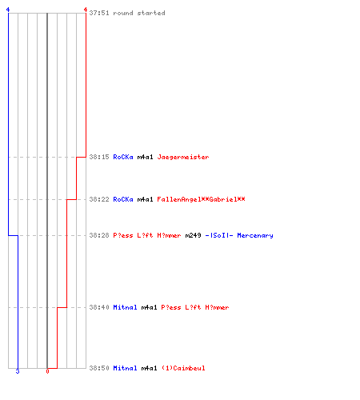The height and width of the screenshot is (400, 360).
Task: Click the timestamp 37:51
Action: pos(99,13)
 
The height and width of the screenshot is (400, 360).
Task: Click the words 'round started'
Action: pos(139,13)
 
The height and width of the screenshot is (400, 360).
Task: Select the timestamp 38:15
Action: pos(99,157)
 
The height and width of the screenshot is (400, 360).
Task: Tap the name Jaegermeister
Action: pos(183,157)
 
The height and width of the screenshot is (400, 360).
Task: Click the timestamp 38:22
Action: pos(99,199)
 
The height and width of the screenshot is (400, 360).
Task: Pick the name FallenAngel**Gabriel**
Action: pos(201,199)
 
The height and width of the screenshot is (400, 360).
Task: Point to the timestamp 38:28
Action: pos(99,235)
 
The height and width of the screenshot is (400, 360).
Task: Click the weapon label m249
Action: pos(193,235)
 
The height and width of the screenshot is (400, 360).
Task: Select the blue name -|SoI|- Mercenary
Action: pos(239,235)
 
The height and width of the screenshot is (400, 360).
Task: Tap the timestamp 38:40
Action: pos(99,307)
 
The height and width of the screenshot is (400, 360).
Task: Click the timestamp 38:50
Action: pos(99,368)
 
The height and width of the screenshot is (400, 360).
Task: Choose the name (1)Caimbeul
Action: pos(183,368)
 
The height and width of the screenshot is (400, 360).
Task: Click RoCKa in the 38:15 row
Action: pos(123,157)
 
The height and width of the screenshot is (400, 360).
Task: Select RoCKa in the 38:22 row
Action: pos(123,199)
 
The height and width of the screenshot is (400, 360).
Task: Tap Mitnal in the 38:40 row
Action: pos(125,307)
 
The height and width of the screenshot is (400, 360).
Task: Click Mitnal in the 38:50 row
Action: pos(125,368)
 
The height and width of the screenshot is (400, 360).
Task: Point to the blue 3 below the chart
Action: pos(18,371)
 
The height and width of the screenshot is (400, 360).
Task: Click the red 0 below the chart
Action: pos(47,371)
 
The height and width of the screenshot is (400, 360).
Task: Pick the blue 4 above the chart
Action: pos(8,10)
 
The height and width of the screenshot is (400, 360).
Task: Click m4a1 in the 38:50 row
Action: pos(149,368)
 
